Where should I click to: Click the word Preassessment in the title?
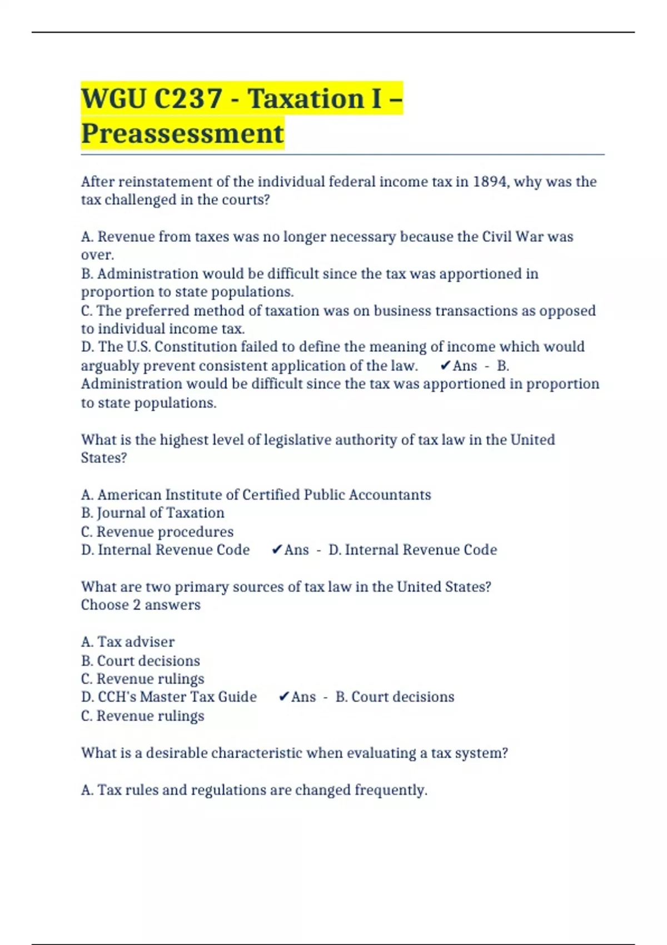tap(182, 134)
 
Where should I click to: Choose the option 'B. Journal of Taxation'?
tap(153, 513)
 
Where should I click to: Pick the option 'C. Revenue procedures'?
tap(157, 532)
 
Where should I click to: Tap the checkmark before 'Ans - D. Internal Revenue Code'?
tap(277, 550)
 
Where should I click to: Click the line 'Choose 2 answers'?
tap(141, 605)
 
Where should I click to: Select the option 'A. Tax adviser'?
tap(128, 642)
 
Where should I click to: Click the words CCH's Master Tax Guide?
tap(177, 697)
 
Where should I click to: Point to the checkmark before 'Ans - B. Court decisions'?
tap(283, 697)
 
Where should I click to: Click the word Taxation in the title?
tap(306, 99)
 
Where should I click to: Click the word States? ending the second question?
tap(104, 458)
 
